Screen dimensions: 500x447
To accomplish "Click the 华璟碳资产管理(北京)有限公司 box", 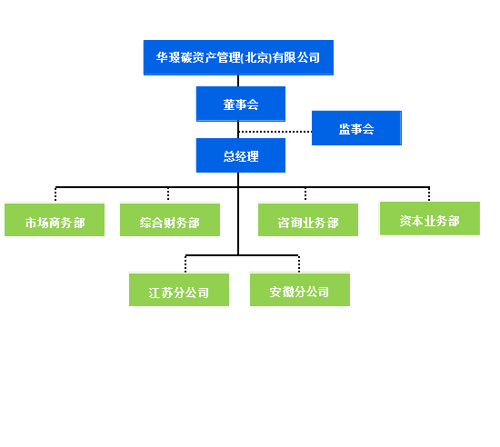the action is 238,57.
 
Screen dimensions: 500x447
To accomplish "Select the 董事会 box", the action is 241,104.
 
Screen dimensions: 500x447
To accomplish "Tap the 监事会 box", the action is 356,128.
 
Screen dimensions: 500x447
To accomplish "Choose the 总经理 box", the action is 241,155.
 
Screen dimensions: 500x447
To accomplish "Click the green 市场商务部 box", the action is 55,220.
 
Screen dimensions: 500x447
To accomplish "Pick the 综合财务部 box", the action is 170,220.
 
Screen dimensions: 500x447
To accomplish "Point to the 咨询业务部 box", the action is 308,220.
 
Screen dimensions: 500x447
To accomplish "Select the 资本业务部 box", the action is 430,219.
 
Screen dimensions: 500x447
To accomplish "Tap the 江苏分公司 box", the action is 179,290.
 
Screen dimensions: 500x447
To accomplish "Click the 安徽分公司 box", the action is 300,290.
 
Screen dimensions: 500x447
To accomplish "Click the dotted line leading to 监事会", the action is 275,132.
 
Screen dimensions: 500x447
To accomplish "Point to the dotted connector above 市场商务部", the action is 55,194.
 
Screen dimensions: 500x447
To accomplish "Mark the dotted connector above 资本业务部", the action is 429,194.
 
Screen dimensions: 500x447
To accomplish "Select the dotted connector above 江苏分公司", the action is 185,263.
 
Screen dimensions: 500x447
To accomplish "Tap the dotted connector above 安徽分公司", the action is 299,263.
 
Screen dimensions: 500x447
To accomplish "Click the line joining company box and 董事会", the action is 238,81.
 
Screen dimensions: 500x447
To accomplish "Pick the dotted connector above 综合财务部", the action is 168,194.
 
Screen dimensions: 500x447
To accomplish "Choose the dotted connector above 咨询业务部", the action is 305,194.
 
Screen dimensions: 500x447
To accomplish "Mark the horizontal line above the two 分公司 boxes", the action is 242,255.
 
